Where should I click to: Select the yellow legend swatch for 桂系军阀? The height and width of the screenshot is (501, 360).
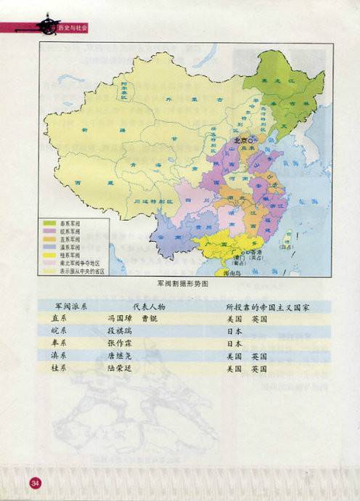(x=50, y=255)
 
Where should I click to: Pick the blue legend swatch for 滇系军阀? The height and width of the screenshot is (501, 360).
(x=50, y=247)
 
